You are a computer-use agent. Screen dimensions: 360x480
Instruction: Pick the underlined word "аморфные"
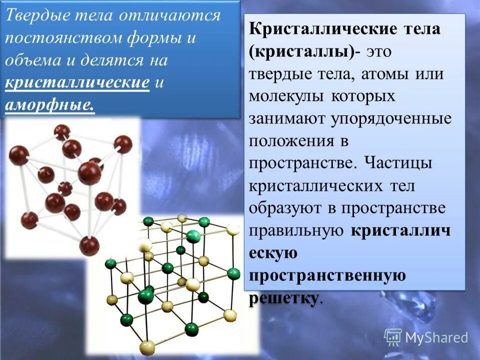49,105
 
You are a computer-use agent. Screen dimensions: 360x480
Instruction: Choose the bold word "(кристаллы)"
301,51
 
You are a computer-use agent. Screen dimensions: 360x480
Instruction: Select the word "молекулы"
285,96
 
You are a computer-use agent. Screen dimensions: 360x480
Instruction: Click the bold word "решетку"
283,298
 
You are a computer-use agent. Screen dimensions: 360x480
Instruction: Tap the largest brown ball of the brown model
89,173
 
